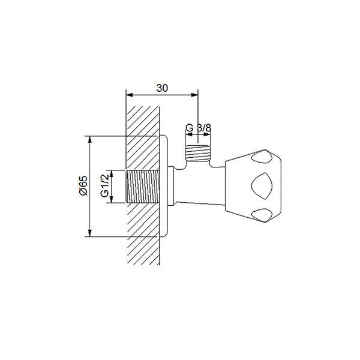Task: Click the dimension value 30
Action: (162, 88)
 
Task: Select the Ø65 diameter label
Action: (83, 185)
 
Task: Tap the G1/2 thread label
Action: (104, 185)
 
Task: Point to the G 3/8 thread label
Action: (198, 128)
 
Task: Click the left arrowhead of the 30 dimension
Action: (130, 95)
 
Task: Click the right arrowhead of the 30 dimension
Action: (194, 95)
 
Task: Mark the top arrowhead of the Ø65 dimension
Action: (90, 140)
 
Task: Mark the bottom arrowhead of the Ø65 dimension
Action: (90, 233)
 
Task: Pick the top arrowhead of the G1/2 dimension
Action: (112, 173)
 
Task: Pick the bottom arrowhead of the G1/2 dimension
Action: (112, 199)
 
